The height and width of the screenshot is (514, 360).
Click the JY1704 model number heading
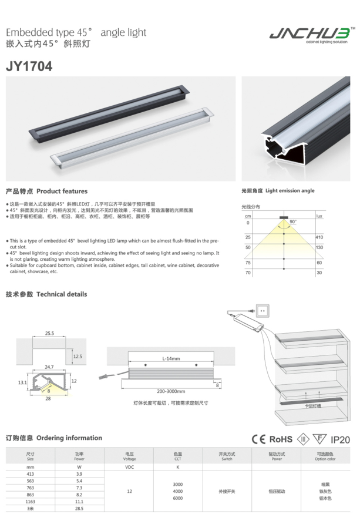pos(29,66)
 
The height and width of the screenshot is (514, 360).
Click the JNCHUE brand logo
pos(312,34)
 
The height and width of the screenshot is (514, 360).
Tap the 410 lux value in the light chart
pos(319,237)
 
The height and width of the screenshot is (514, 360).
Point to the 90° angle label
pos(292,222)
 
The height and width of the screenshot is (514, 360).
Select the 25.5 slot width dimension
pos(50,333)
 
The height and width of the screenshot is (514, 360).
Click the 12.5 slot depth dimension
pos(78,356)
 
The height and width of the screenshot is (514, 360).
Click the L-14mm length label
pos(171,358)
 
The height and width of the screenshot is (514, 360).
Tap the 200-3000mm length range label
pos(170,391)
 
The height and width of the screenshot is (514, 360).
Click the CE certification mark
pos(258,439)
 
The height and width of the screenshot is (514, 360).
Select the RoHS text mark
pos(281,439)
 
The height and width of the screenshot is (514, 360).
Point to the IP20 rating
pos(340,439)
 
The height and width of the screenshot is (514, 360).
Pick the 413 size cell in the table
pos(31,473)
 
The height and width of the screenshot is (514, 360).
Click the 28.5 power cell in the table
pos(80,508)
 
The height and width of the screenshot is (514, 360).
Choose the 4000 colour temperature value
pos(177,491)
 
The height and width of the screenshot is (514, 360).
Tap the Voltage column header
pos(129,456)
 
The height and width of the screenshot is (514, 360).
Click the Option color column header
pos(325,456)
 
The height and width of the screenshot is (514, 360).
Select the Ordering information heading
pos(53,438)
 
